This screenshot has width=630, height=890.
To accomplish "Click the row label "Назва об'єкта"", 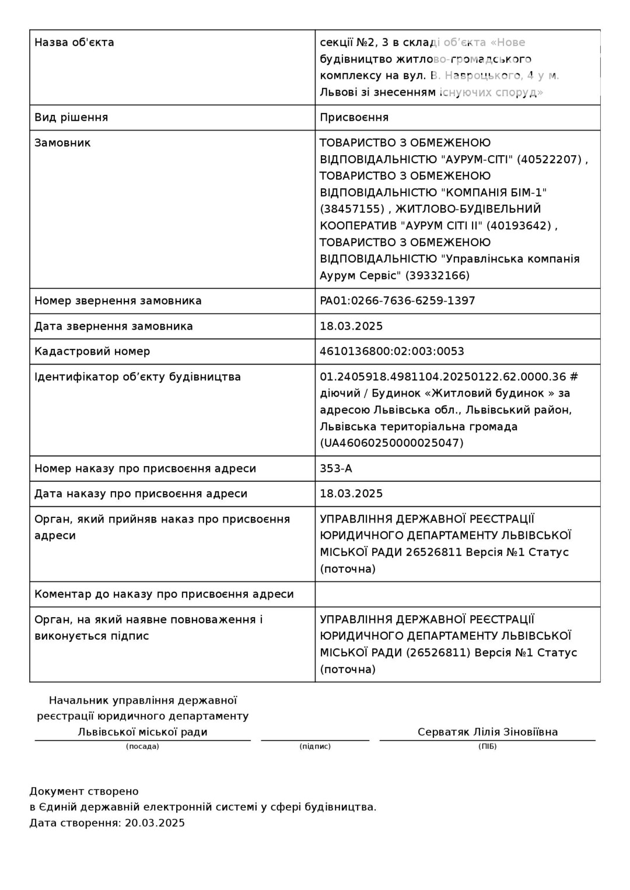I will tap(74, 43).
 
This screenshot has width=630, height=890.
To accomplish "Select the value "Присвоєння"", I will tap(354, 117).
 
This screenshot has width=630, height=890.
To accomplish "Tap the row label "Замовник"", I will tap(62, 143).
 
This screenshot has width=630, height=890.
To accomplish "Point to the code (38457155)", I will tap(352, 209).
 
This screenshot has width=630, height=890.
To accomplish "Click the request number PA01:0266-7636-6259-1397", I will tap(397, 301).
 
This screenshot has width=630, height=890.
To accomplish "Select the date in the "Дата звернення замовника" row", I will tap(351, 326).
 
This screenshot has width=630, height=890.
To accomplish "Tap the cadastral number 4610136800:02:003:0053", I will tap(392, 351).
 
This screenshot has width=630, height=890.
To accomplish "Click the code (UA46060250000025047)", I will tap(391, 443).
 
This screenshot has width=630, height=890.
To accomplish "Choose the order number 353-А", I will tap(336, 468).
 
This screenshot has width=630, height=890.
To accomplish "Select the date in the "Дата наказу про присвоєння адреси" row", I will tap(351, 493).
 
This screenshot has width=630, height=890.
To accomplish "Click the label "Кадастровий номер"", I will tap(92, 351).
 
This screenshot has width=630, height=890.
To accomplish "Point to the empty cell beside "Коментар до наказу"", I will tap(457, 594).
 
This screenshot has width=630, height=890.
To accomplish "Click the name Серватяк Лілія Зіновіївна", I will tap(488, 732).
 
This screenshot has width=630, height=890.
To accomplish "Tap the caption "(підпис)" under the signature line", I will tap(315, 747).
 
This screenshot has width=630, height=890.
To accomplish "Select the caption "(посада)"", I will tap(142, 747).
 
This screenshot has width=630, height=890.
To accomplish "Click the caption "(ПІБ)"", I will tap(488, 747).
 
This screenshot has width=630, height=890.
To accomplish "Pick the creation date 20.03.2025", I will tap(155, 823).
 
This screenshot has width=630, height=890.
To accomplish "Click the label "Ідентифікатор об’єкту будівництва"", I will tap(138, 377).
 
